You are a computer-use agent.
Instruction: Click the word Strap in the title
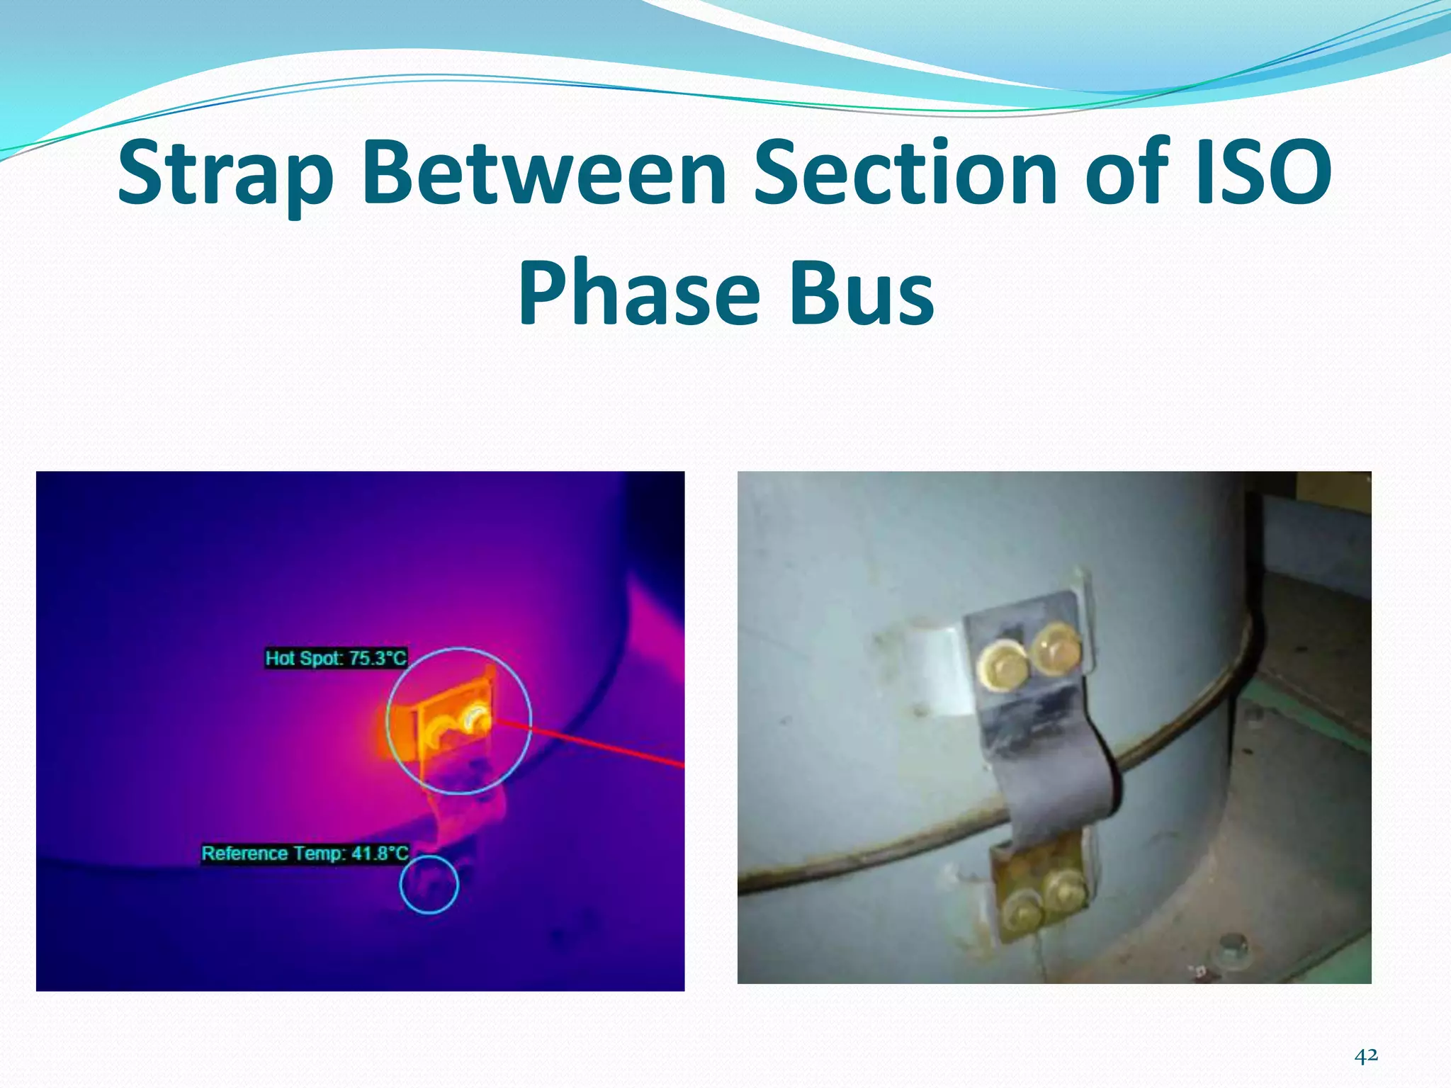(x=225, y=174)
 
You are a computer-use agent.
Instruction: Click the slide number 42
(x=1366, y=1056)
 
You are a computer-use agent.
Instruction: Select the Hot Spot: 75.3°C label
(x=336, y=658)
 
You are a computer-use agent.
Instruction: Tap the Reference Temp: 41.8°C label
(x=305, y=853)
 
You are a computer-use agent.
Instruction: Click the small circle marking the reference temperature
(x=429, y=884)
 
